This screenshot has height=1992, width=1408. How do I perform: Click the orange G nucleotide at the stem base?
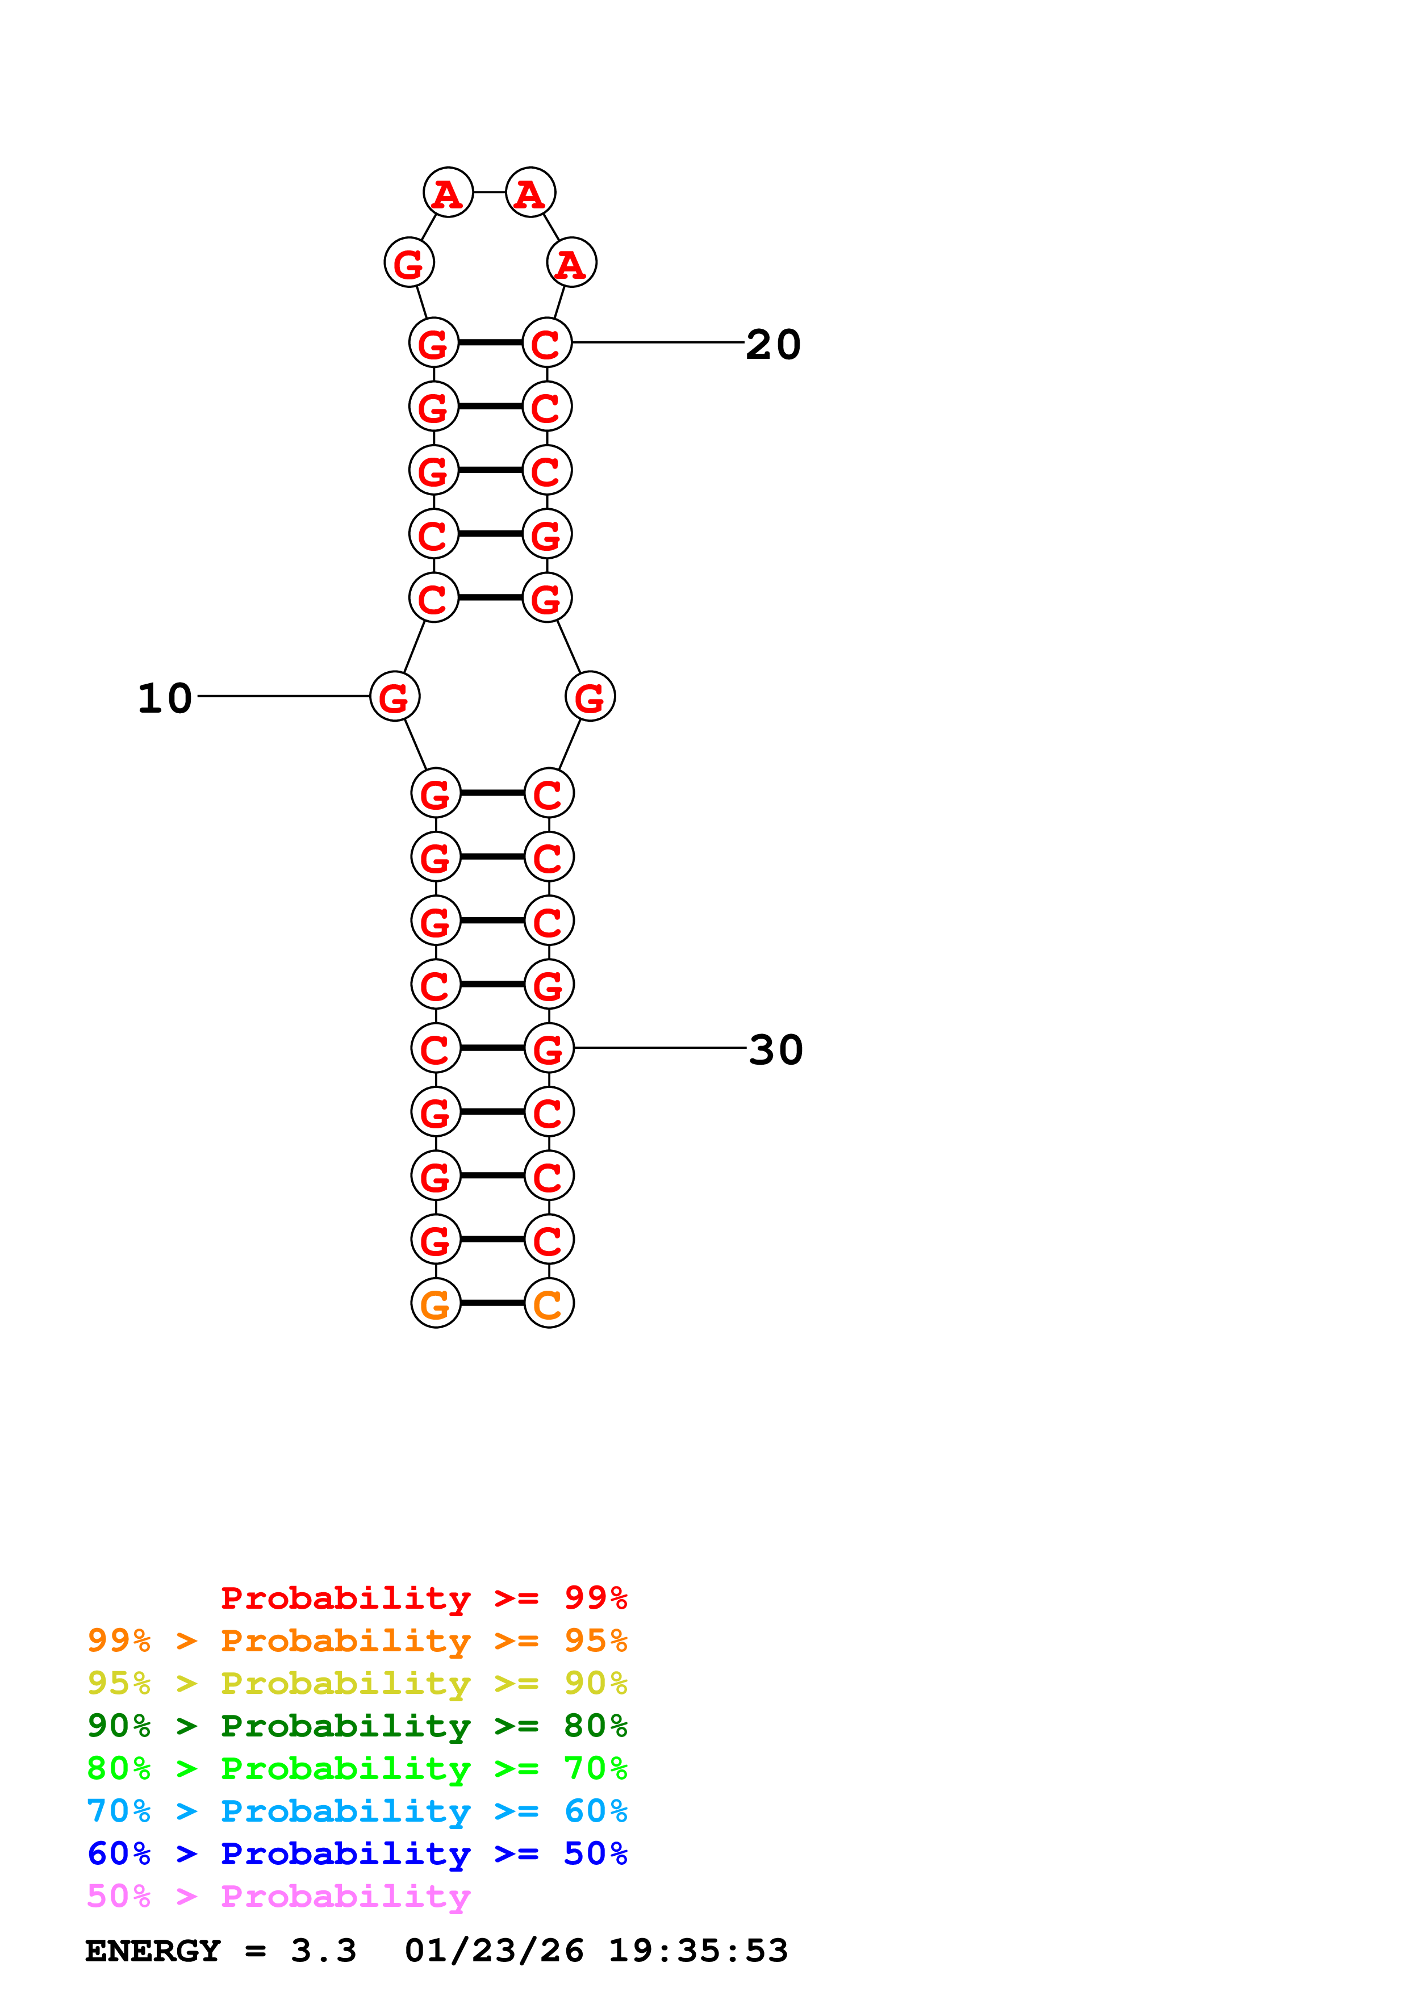[436, 1303]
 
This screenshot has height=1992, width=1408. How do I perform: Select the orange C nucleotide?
[548, 1303]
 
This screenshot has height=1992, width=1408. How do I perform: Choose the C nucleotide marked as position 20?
[546, 343]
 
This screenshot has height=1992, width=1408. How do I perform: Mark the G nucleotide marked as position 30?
[548, 1048]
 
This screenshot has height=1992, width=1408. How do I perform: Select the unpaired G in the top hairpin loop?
[408, 262]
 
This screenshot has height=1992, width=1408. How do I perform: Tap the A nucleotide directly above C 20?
[571, 262]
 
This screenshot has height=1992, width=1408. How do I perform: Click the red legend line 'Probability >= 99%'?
[423, 1598]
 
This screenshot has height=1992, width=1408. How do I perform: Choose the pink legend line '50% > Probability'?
[278, 1897]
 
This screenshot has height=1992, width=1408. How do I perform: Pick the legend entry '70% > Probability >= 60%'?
[357, 1811]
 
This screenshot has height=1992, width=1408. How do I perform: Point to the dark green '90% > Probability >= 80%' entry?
[357, 1726]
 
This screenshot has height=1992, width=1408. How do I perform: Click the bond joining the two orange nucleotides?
[492, 1303]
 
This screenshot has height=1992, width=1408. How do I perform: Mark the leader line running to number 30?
[659, 1048]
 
